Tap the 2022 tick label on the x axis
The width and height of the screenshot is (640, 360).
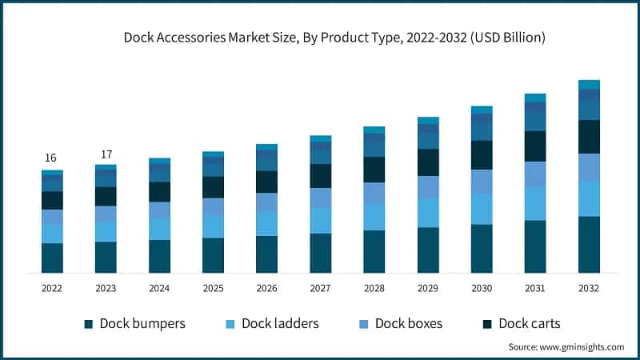tap(52, 288)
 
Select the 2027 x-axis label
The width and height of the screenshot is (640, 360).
tap(321, 288)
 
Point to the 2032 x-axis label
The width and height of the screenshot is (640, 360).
tap(589, 288)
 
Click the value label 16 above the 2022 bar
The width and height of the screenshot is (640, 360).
tap(52, 158)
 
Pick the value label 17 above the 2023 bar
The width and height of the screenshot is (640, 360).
tap(106, 154)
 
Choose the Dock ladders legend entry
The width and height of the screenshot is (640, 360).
tap(273, 323)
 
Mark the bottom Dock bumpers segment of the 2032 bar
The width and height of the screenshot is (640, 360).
tap(589, 245)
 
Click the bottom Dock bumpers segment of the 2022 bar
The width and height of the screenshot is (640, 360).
tap(52, 258)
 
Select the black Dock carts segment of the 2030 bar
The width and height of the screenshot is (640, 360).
tap(482, 155)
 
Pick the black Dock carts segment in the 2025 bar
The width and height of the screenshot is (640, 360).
tap(213, 187)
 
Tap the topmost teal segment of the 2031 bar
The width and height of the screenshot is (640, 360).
tap(535, 98)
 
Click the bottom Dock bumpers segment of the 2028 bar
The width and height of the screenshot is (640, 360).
tap(374, 252)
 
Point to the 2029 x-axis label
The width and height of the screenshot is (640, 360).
tap(428, 288)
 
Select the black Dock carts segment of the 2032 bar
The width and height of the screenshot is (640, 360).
tap(589, 137)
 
